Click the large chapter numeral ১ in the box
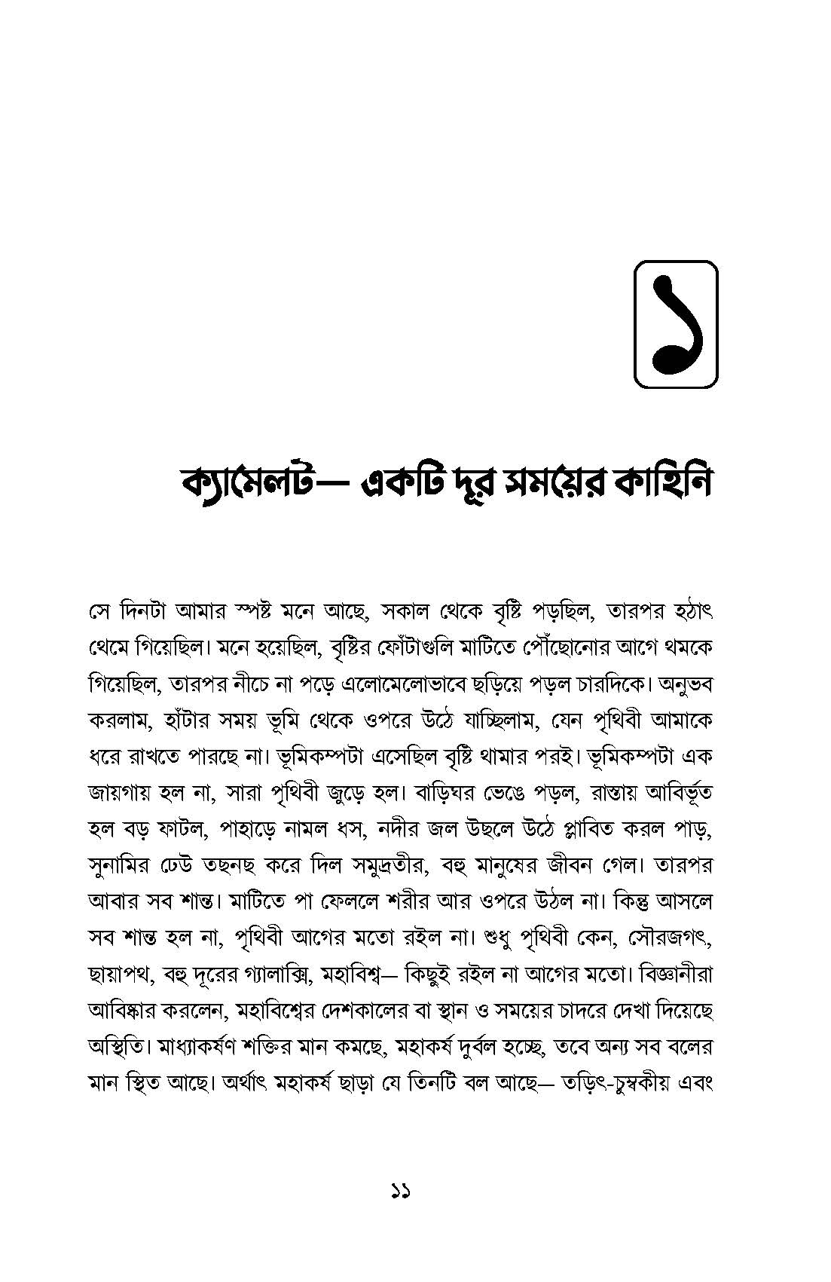click(675, 323)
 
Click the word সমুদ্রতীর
click(389, 866)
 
